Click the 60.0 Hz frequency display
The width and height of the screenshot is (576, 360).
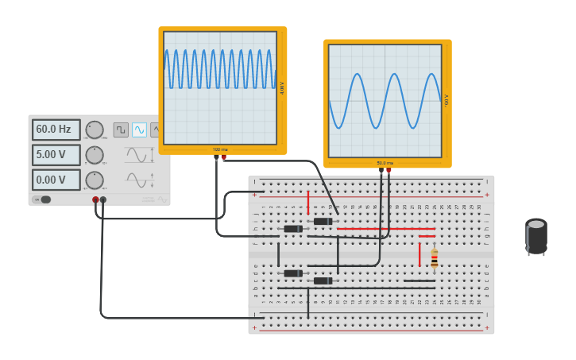click(x=56, y=130)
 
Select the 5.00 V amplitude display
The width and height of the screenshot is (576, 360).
click(x=56, y=155)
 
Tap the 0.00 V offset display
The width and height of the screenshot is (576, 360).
click(x=56, y=180)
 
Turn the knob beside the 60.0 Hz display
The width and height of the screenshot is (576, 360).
click(x=95, y=130)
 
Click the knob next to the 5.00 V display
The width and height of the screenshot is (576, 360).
click(x=95, y=155)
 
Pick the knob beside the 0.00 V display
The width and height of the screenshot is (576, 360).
click(x=95, y=180)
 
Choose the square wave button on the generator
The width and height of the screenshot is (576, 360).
click(x=121, y=130)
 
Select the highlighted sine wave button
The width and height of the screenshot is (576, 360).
click(x=140, y=130)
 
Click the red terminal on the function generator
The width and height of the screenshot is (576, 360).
click(x=95, y=200)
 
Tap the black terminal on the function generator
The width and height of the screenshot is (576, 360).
click(x=103, y=200)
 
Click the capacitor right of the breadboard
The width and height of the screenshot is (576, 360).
click(x=536, y=237)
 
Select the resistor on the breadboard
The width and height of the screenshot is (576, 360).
click(x=434, y=258)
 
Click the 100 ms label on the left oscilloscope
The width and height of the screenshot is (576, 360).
click(x=220, y=149)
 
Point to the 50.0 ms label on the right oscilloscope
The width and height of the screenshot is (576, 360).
click(x=385, y=163)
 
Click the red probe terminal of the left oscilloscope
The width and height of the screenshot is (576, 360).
click(x=224, y=158)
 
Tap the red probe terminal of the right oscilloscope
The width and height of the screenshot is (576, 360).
click(x=389, y=171)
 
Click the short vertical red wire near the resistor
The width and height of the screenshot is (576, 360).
click(x=419, y=254)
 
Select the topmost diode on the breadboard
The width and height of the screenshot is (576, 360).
click(x=323, y=221)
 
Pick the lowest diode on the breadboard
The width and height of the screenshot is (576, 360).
click(x=323, y=281)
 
